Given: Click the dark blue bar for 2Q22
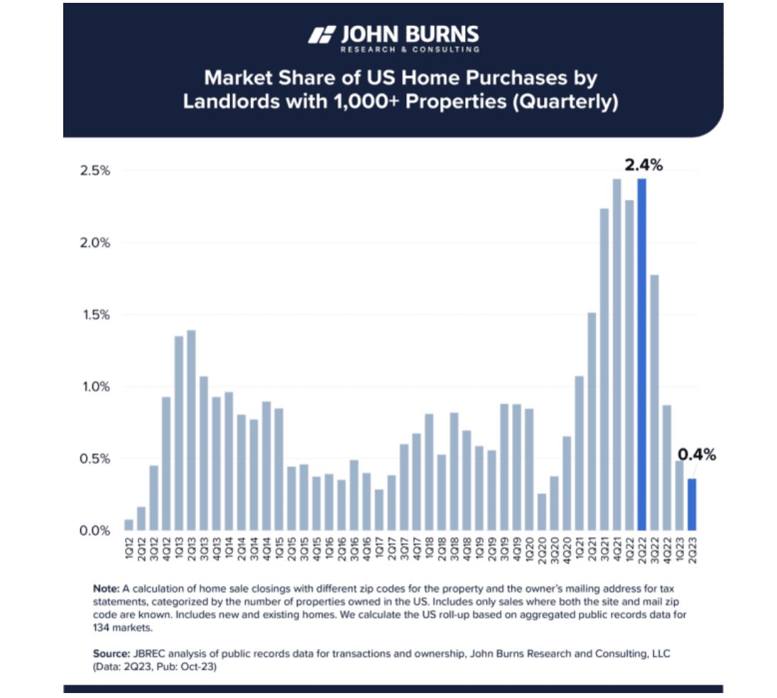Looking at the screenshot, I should tap(642, 355).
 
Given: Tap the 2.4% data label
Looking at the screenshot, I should tap(643, 165).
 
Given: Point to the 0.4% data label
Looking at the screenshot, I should tap(696, 455).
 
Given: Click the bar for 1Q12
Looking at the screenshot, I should tap(129, 524).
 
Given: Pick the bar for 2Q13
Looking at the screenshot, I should tap(191, 430).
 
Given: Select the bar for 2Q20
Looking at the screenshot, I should tap(542, 511).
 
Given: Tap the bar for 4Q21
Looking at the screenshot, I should tap(616, 355).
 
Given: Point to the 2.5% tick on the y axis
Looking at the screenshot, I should tap(95, 171).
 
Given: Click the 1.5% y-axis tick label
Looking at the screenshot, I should tap(95, 315).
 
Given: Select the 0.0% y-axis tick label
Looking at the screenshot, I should tap(95, 531).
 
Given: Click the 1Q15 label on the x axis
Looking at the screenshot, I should tap(279, 549).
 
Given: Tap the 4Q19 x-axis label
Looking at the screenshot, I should tap(517, 549).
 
